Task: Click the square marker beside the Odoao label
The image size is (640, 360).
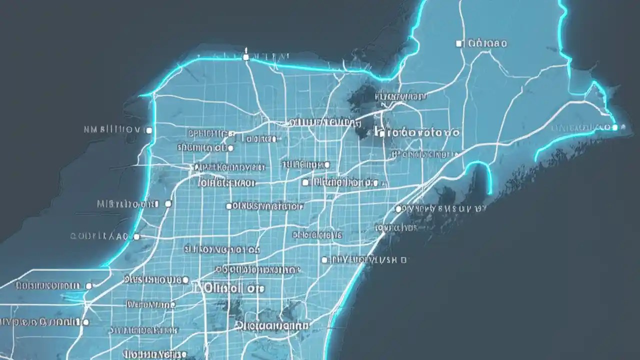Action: pyautogui.click(x=459, y=43)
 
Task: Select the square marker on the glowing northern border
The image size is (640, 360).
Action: pyautogui.click(x=245, y=57)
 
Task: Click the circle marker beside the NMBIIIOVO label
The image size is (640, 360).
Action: pyautogui.click(x=148, y=130)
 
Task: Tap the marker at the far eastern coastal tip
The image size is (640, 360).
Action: pyautogui.click(x=615, y=127)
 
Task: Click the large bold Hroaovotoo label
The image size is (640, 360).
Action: pyautogui.click(x=417, y=133)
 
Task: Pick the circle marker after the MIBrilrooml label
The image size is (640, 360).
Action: pyautogui.click(x=168, y=204)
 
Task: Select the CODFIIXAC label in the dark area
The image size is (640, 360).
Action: pyautogui.click(x=99, y=236)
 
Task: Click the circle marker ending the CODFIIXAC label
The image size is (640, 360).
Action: pyautogui.click(x=136, y=236)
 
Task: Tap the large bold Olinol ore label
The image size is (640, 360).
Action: pyautogui.click(x=229, y=288)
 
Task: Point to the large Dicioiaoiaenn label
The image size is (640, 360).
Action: pyautogui.click(x=272, y=325)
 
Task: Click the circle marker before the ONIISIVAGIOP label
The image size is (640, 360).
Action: pyautogui.click(x=228, y=206)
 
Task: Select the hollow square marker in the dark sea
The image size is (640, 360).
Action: pyautogui.click(x=404, y=260)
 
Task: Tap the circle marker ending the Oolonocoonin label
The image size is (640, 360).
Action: pyautogui.click(x=89, y=286)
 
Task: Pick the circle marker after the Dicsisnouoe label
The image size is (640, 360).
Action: pyautogui.click(x=185, y=279)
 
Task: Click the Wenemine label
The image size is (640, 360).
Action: pyautogui.click(x=151, y=304)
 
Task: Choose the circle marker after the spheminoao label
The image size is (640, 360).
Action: pyautogui.click(x=230, y=148)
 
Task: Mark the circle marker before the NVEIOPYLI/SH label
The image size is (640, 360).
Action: pyautogui.click(x=324, y=260)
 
